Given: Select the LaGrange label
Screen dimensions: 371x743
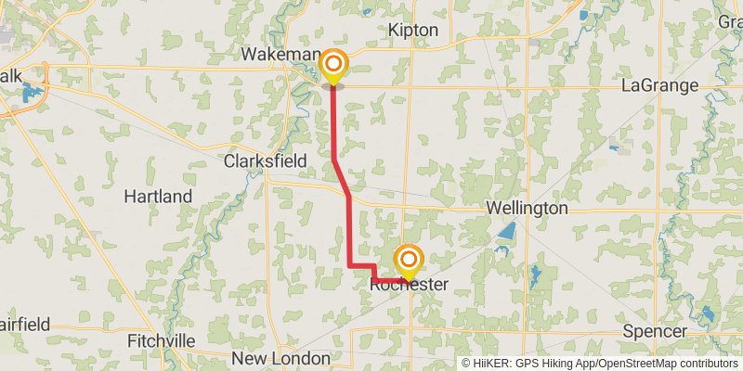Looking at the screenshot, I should (659, 85).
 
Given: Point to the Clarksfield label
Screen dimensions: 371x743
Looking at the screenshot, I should (265, 160).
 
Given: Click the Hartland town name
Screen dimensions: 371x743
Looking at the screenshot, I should (158, 197).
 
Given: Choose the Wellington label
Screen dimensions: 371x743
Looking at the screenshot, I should (527, 208).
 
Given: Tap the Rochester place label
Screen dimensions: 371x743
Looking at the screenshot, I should (409, 285).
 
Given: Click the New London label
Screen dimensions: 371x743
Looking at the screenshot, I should (280, 358).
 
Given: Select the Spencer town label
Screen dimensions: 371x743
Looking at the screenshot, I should (656, 331).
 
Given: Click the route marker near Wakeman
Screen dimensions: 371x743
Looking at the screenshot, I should (333, 65).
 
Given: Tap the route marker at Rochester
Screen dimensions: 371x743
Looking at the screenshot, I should (407, 259).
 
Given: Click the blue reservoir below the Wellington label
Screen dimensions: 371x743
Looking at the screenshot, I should (506, 233).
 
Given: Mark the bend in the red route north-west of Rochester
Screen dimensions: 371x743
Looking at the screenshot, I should (350, 266).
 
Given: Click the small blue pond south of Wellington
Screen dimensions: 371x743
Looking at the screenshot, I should (535, 274).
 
